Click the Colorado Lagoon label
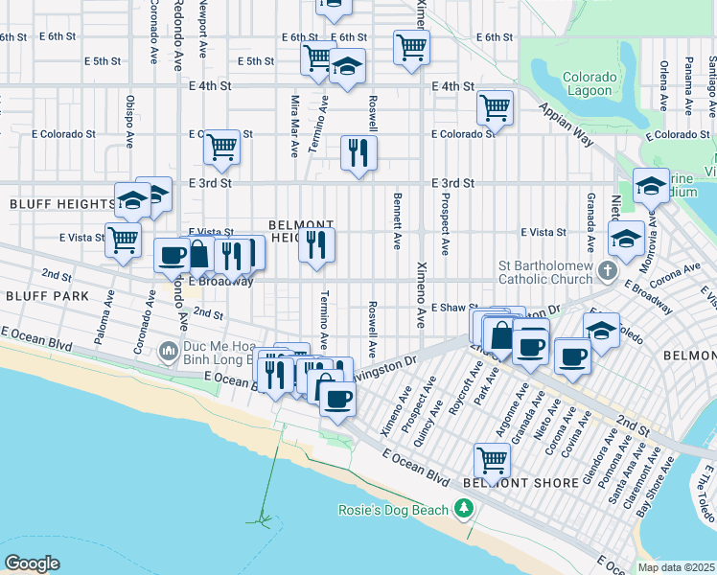[x=590, y=84]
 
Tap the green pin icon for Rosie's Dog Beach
[x=466, y=509]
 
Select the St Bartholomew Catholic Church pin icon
[x=606, y=273]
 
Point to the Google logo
[x=32, y=563]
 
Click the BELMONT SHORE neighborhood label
[x=506, y=483]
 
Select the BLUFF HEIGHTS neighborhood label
[x=60, y=204]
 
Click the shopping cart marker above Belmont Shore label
[x=492, y=459]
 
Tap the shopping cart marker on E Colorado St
[x=221, y=147]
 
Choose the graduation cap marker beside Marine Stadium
[x=651, y=185]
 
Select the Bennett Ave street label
[x=396, y=221]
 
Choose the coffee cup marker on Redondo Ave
[x=173, y=255]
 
